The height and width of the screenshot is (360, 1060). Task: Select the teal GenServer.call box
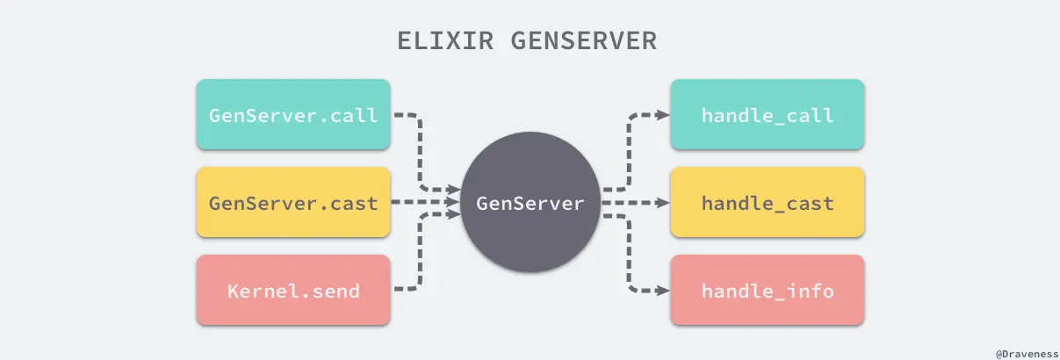tap(292, 114)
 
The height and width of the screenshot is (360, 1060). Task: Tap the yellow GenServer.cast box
tap(292, 203)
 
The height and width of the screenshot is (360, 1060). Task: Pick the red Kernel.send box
tap(292, 291)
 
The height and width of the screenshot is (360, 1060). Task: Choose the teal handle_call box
tap(767, 114)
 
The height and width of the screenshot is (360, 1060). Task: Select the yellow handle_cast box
tap(767, 203)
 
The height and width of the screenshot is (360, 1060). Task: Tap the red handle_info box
tap(767, 291)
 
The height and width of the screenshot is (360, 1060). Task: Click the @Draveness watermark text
tap(1024, 352)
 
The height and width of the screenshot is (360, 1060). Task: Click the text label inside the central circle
tap(530, 204)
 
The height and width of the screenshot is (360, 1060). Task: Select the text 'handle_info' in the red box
tap(767, 291)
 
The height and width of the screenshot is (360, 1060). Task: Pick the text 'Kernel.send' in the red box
tap(292, 291)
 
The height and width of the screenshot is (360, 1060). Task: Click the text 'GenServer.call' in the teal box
tap(292, 115)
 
